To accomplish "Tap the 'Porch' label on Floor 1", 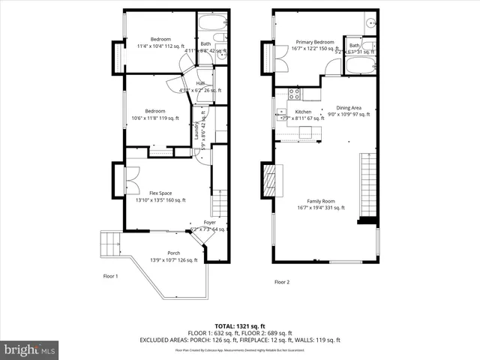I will click(173, 253).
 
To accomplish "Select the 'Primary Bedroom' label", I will click(314, 42).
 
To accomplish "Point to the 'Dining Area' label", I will click(349, 107).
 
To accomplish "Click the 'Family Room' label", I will click(319, 201).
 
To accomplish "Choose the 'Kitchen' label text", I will click(303, 112).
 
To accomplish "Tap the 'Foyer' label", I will click(210, 223).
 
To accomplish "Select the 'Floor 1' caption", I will click(111, 276).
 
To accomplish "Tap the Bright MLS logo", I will click(30, 349).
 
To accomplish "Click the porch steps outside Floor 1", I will click(110, 244).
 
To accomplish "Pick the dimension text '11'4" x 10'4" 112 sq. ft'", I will click(160, 46).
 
